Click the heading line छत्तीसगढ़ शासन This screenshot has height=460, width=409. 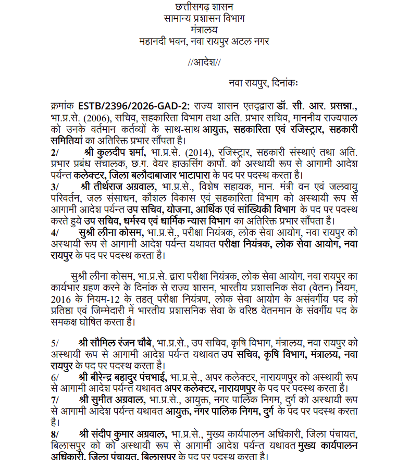(x=204, y=7)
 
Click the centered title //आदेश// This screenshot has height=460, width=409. (x=204, y=62)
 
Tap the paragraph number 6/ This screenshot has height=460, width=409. (x=55, y=377)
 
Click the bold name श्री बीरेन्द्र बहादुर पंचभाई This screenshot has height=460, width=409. (x=123, y=377)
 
